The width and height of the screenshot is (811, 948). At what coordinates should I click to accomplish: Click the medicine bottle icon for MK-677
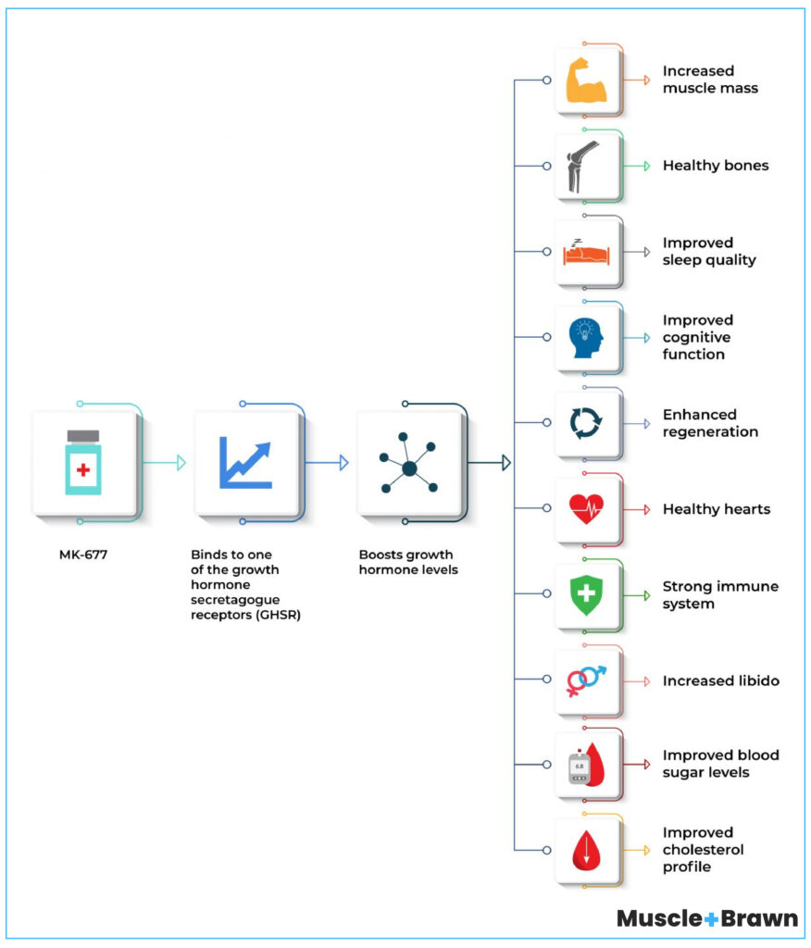(x=83, y=462)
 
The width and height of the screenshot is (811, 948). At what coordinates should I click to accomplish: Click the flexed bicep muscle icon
(x=586, y=81)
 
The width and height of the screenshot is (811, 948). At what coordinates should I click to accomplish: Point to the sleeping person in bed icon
(x=586, y=251)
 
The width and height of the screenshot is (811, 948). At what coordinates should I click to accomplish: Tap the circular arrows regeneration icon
(x=586, y=423)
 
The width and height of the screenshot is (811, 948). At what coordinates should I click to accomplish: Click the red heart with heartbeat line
(x=586, y=508)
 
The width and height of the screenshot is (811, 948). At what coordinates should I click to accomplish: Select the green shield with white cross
(x=586, y=594)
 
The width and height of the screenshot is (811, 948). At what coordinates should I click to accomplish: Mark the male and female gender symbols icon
(x=586, y=680)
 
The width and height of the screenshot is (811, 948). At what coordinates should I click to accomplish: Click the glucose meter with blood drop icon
(x=586, y=765)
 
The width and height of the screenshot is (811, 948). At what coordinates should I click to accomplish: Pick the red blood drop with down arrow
(x=586, y=850)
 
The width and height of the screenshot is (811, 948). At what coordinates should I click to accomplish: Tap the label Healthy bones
(x=715, y=166)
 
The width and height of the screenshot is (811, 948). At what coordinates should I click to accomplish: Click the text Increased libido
(x=720, y=680)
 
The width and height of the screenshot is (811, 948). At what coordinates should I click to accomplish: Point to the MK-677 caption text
(x=82, y=556)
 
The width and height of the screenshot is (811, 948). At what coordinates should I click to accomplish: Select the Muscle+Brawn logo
(x=706, y=918)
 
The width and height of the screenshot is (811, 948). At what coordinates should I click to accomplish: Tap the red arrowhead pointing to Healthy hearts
(x=645, y=509)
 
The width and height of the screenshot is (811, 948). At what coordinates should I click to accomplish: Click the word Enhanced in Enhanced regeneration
(x=699, y=415)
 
